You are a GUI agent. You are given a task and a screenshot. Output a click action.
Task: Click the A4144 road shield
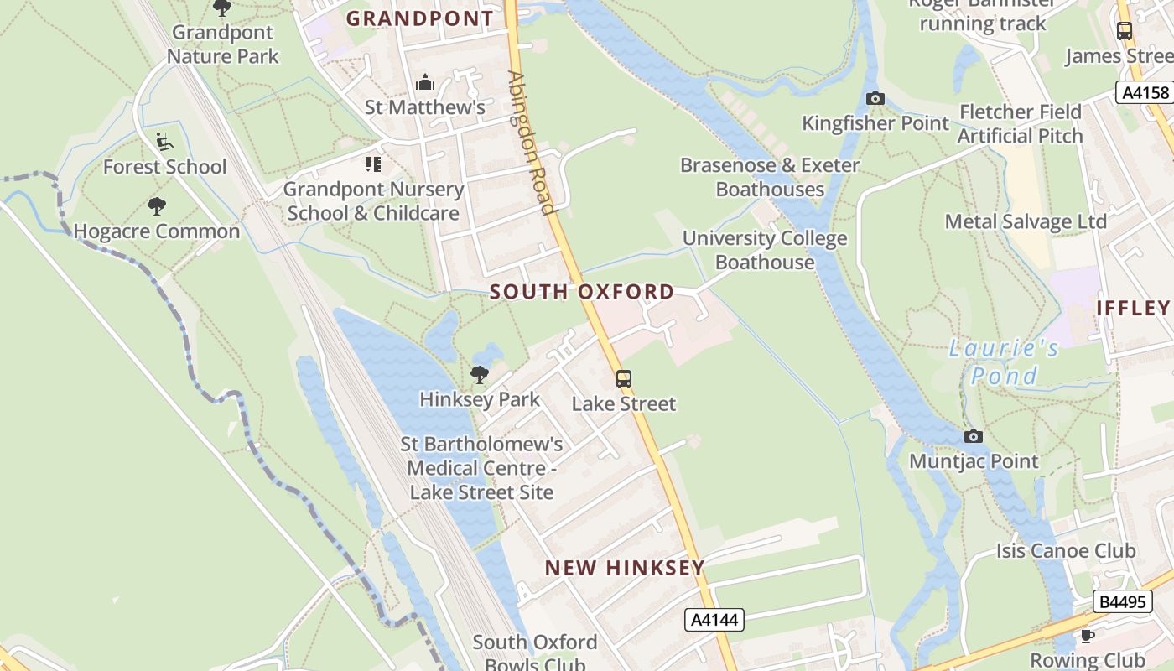point(714,620)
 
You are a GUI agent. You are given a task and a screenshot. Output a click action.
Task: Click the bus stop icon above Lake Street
point(624,379)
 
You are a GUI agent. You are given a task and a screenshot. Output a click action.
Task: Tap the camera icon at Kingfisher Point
point(875,99)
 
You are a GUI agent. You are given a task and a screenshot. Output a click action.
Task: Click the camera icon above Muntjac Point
point(974,436)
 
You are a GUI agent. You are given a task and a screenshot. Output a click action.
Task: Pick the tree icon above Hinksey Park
point(480,374)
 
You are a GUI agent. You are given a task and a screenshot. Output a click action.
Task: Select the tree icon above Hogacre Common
point(157,205)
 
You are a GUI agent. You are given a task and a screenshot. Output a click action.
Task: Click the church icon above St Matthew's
point(425,83)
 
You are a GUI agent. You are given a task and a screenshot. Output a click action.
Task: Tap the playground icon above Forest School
point(164,142)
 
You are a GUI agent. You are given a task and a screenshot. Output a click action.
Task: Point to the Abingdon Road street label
point(531,143)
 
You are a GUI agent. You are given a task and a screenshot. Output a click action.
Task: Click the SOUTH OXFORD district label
point(582,292)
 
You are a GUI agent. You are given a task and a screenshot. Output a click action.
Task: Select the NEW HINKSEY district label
point(625,568)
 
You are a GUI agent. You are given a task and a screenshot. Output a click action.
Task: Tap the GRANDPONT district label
point(420,18)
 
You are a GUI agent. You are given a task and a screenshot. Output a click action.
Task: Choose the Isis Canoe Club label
point(1066,551)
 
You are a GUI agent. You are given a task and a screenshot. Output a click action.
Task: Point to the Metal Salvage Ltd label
point(1026,221)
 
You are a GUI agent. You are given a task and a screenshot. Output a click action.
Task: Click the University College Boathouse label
point(765,250)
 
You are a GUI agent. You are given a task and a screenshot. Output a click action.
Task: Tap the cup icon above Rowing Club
point(1088,636)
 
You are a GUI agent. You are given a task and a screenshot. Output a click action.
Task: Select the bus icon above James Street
point(1125,31)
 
